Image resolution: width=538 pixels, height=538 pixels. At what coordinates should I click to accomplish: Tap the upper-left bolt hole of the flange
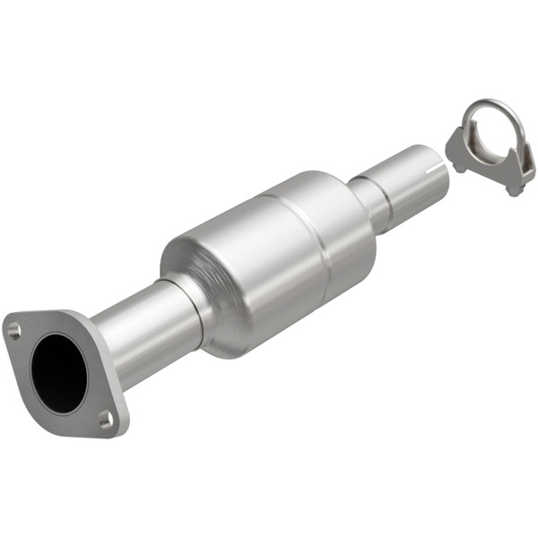pyautogui.click(x=13, y=331)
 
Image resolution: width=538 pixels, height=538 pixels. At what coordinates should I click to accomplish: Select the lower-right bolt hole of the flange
pyautogui.click(x=106, y=417)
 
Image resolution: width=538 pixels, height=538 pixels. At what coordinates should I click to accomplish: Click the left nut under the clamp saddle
pyautogui.click(x=458, y=167)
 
